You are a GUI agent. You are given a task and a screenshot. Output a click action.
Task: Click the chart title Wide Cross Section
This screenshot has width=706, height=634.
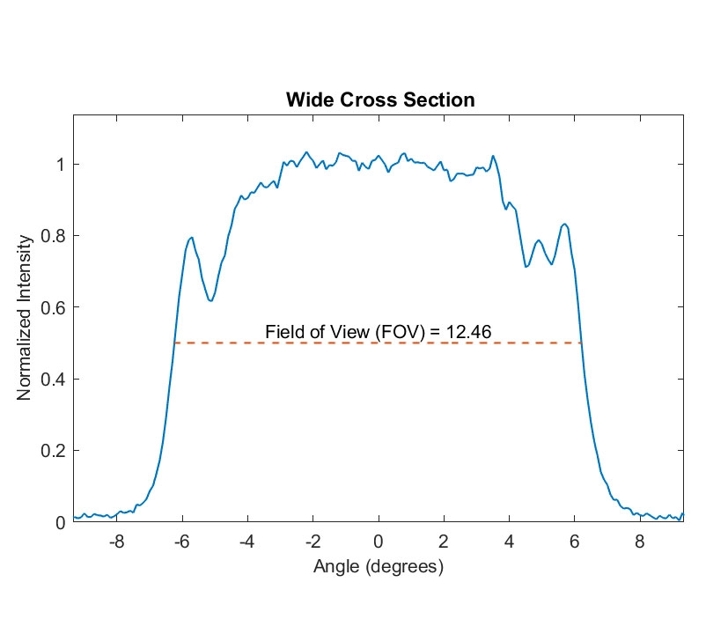tap(379, 100)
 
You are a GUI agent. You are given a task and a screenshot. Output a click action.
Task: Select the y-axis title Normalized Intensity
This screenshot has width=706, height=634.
tap(26, 318)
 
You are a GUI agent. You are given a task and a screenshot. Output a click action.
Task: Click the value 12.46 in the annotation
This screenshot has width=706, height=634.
tap(468, 331)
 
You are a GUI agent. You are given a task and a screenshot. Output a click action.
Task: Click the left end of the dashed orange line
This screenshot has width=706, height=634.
tap(174, 343)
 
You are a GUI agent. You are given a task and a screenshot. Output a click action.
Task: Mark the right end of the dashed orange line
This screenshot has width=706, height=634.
tap(582, 343)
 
